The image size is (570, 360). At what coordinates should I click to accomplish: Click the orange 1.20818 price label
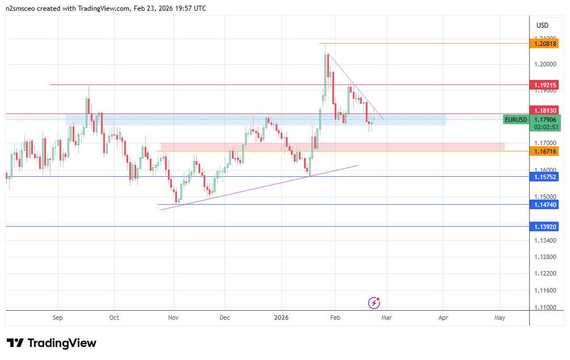(x=545, y=43)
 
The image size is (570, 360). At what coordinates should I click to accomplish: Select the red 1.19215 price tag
(x=545, y=85)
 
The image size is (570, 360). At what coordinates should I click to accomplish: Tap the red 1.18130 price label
(x=545, y=110)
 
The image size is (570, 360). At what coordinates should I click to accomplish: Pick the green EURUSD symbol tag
(x=516, y=120)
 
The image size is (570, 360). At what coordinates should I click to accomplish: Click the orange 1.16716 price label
(x=545, y=151)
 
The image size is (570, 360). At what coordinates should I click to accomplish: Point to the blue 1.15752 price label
(x=545, y=177)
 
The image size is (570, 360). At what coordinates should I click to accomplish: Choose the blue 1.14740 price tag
(x=545, y=205)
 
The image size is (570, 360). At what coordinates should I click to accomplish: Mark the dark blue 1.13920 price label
(x=545, y=226)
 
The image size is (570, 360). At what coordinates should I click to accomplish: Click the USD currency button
(x=543, y=25)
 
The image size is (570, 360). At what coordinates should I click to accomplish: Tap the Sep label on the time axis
(x=57, y=317)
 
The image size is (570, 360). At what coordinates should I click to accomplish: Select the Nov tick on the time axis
(x=174, y=317)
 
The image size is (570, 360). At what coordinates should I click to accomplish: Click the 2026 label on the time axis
(x=281, y=317)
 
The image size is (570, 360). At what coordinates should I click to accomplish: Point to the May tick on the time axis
(x=500, y=317)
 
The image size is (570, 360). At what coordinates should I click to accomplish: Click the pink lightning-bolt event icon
(x=374, y=303)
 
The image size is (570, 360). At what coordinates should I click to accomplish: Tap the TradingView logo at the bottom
(x=52, y=343)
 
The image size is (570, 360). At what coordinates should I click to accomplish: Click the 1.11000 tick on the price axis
(x=545, y=308)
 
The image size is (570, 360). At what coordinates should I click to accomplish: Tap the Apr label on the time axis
(x=443, y=317)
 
